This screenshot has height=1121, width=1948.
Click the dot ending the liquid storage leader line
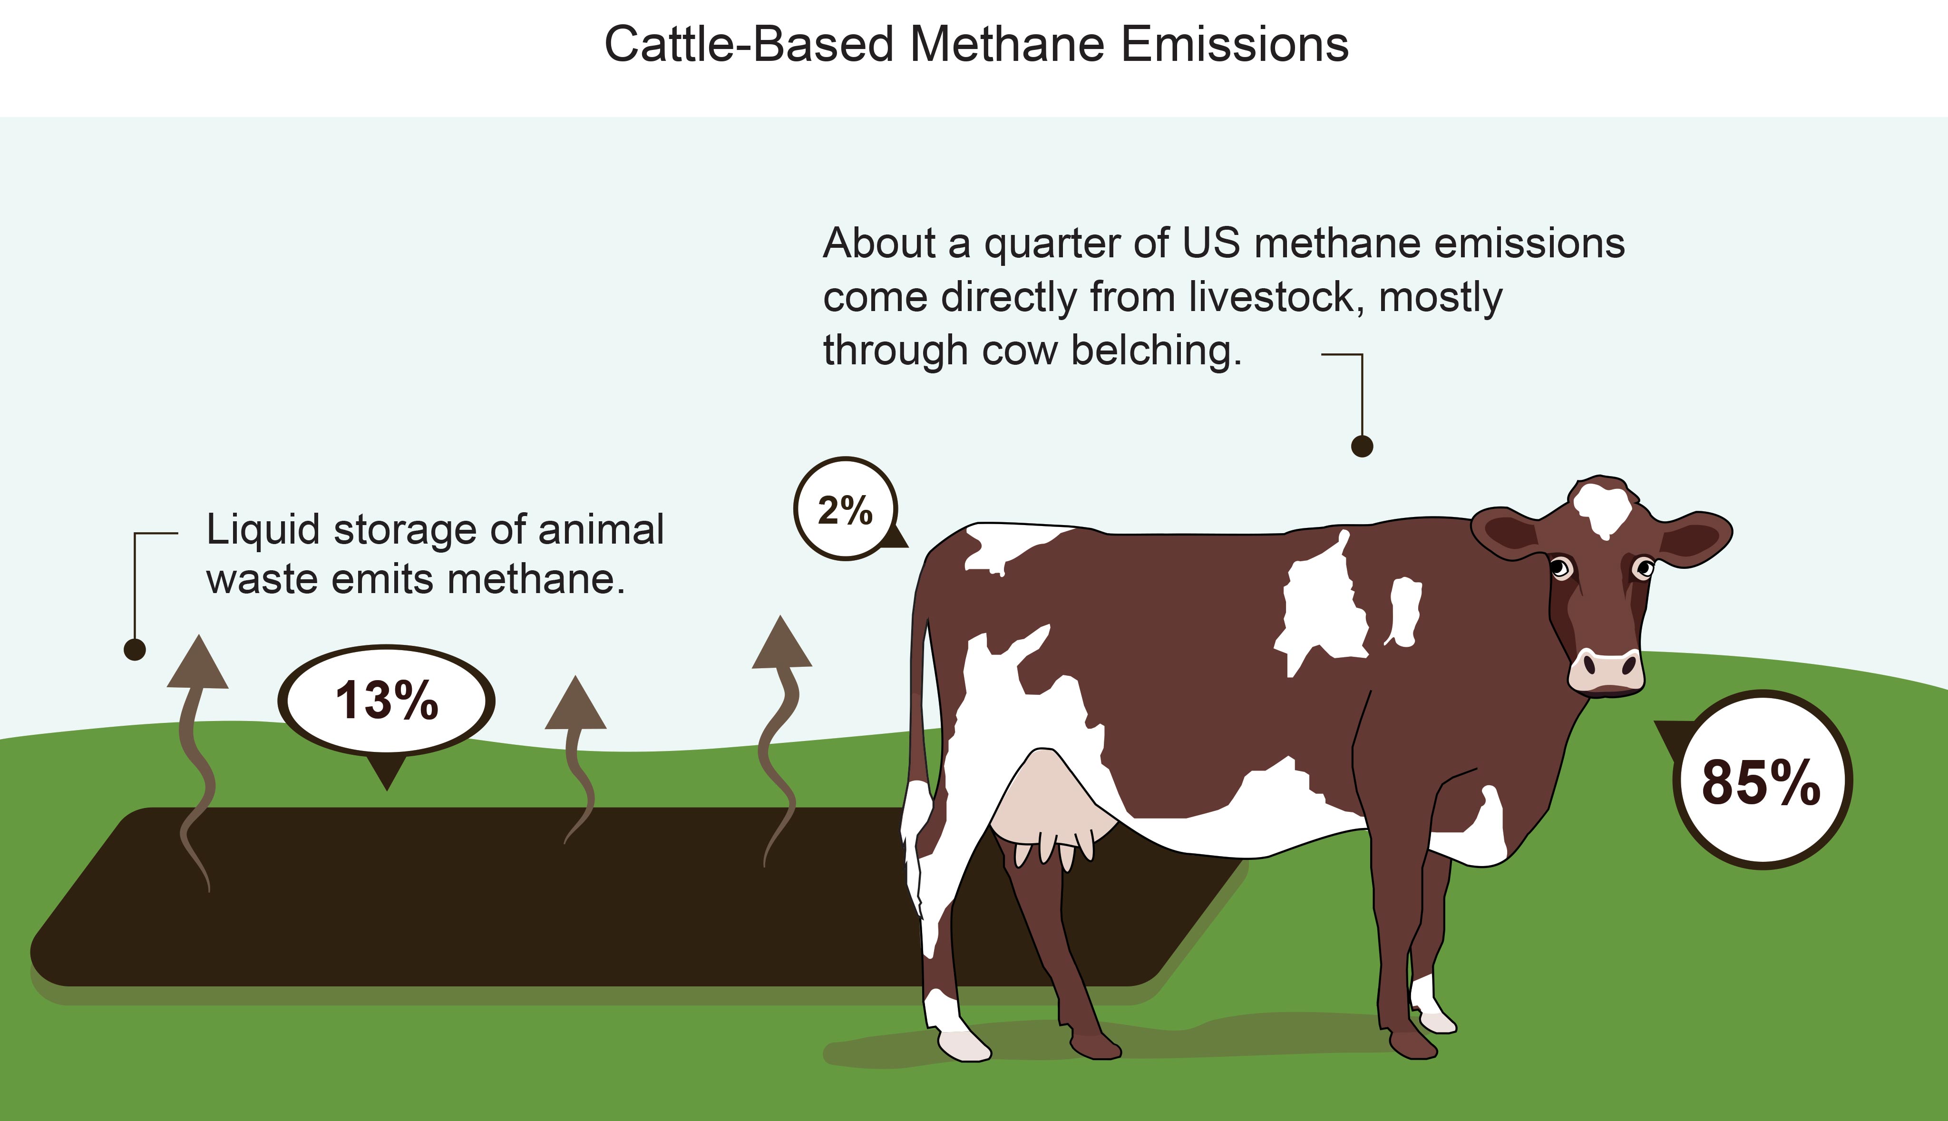coord(135,650)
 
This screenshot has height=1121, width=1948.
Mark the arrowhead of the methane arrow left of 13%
coord(198,662)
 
